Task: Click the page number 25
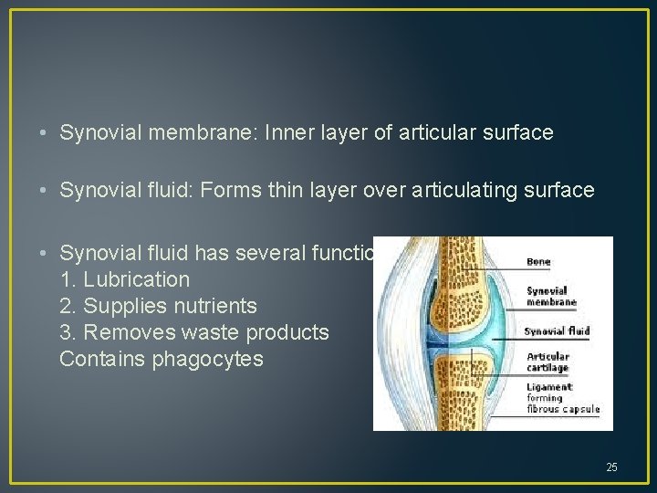point(611,467)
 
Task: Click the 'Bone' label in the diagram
point(538,261)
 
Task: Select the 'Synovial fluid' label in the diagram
point(557,331)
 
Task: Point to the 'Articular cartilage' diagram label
point(547,362)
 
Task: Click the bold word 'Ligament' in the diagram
point(547,387)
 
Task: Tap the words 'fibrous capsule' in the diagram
point(563,408)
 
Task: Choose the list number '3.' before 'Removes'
point(68,332)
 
